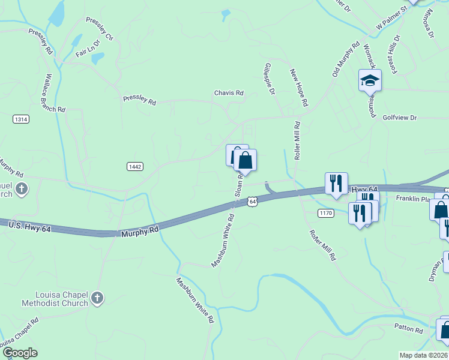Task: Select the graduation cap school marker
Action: click(370, 80)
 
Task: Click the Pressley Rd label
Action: click(139, 100)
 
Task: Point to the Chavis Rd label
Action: click(229, 93)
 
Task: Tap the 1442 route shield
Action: click(135, 166)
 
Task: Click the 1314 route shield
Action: click(20, 119)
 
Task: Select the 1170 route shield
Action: click(326, 213)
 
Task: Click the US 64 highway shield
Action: click(253, 202)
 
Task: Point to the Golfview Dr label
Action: click(399, 118)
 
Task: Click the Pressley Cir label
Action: click(100, 28)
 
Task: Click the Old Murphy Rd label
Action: click(346, 59)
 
